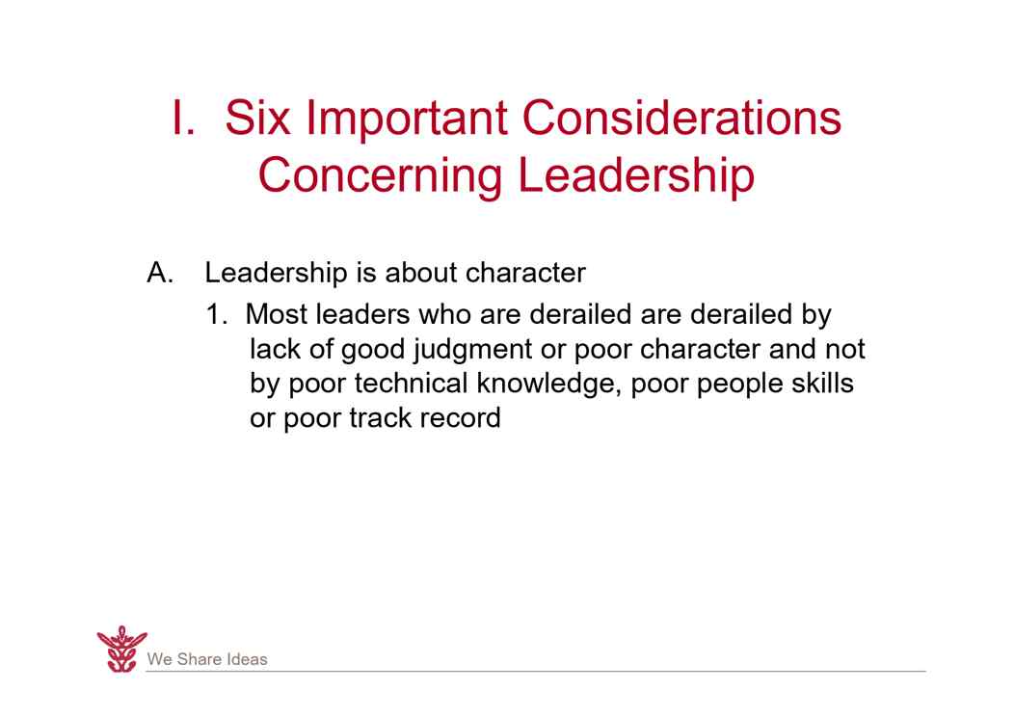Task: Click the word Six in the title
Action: [x=257, y=118]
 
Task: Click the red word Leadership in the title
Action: [x=636, y=175]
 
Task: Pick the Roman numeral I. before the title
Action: [x=182, y=118]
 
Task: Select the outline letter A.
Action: [x=160, y=273]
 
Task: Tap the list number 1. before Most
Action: [x=217, y=315]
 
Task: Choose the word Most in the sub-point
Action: [x=276, y=314]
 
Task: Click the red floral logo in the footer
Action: [x=121, y=650]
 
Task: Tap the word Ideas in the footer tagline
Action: [x=247, y=659]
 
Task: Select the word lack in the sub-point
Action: [x=274, y=349]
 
